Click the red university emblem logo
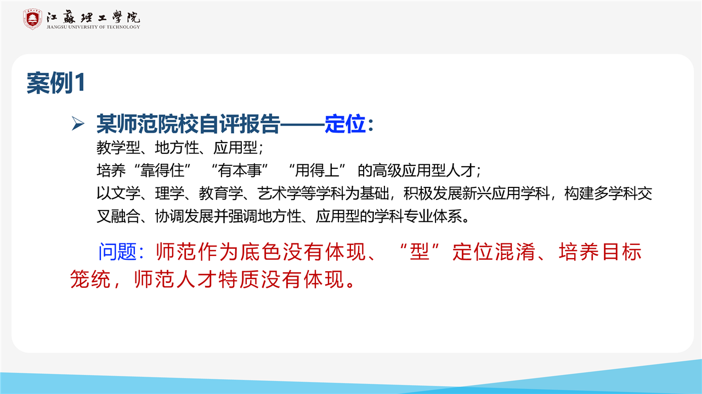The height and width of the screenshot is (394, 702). point(32,19)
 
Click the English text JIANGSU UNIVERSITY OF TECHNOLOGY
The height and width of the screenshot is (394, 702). point(93,27)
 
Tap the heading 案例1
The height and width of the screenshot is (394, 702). point(56,83)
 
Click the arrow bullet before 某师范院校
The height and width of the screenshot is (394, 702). point(78,123)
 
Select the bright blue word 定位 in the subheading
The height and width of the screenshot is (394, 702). point(345,124)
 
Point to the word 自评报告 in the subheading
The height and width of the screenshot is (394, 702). point(239,124)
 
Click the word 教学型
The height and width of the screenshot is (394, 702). point(118,147)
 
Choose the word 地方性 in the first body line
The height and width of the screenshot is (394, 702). point(177,147)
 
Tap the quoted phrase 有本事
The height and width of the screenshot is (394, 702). point(240,170)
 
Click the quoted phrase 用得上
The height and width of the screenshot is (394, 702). point(317,170)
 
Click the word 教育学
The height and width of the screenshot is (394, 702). point(220,193)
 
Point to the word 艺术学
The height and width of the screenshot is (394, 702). point(279,193)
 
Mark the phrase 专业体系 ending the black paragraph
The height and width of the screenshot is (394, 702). point(433,216)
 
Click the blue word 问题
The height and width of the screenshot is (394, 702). point(117,252)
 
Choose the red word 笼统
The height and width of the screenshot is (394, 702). point(90,279)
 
